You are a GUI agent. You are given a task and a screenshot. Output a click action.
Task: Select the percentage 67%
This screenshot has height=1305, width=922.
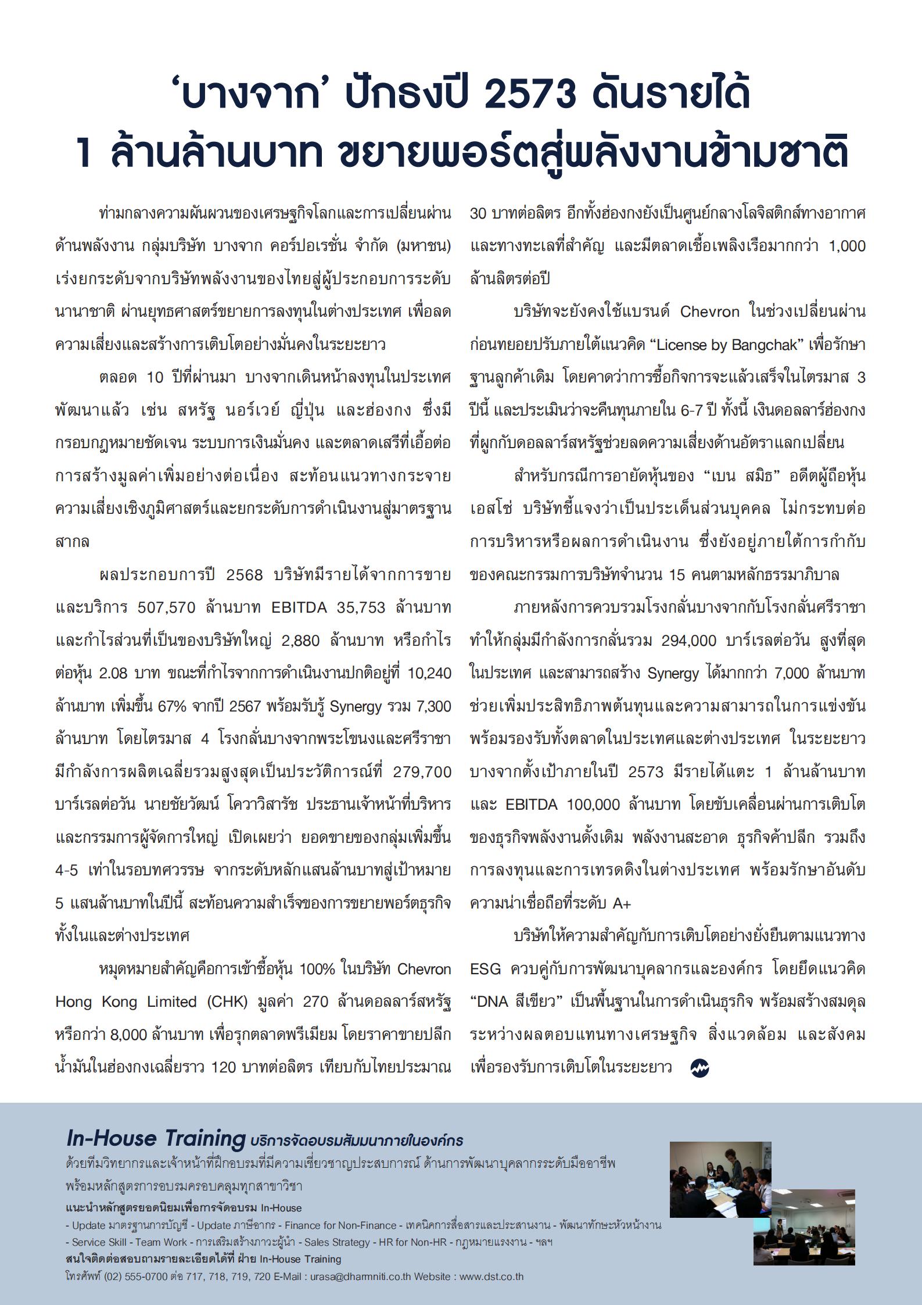tap(170, 706)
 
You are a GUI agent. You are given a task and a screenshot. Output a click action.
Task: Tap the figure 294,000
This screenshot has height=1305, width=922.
tap(688, 641)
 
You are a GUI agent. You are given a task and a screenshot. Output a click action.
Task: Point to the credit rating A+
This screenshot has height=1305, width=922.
tap(622, 903)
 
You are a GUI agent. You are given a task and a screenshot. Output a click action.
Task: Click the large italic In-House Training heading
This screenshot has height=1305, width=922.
tap(156, 1138)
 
